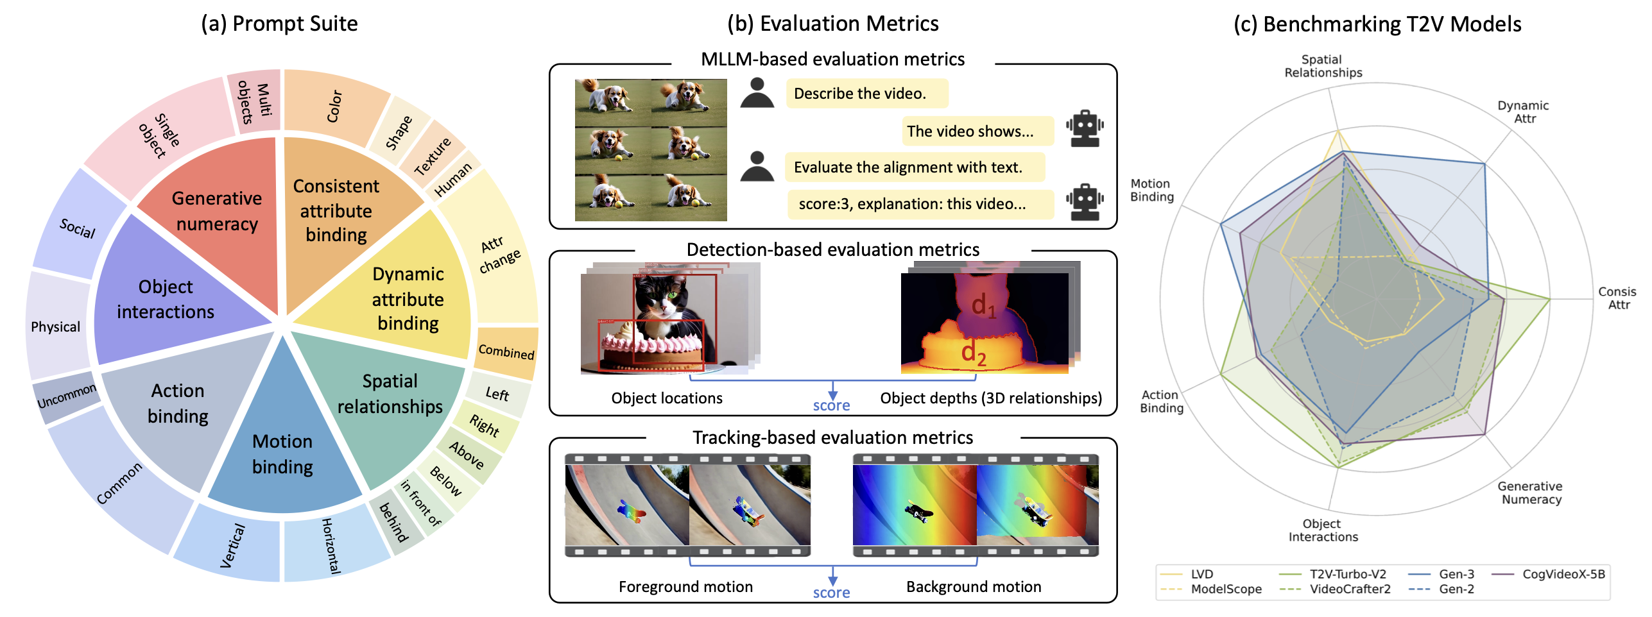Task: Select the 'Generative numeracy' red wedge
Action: [216, 211]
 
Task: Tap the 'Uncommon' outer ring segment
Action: [66, 396]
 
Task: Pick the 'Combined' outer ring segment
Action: [506, 351]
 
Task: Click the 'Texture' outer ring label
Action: [432, 156]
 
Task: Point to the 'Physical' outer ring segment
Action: [56, 326]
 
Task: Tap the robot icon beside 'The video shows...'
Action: [1085, 129]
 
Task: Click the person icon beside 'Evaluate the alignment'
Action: [757, 167]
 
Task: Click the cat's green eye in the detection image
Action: [673, 295]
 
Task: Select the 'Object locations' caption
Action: [667, 398]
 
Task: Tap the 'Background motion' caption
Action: [974, 587]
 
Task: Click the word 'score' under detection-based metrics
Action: [831, 405]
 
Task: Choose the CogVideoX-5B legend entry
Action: [1563, 574]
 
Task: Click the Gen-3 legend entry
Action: [1456, 574]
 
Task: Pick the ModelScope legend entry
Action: [1226, 589]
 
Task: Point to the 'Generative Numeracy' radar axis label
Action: [1531, 493]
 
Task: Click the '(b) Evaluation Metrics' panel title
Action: [832, 24]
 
